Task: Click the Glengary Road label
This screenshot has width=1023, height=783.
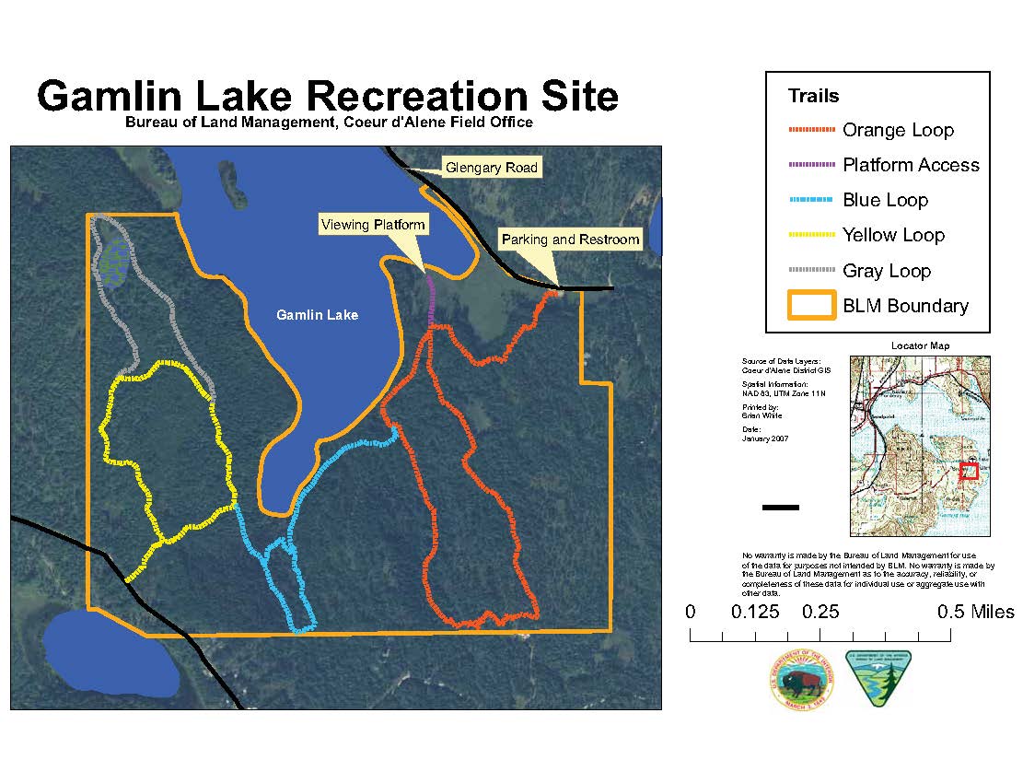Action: (491, 168)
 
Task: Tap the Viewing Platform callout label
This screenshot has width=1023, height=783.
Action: (372, 225)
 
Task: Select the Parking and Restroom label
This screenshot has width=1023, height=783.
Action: (570, 240)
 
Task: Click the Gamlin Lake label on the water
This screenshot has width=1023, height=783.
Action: (317, 315)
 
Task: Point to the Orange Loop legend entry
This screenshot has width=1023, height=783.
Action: (898, 130)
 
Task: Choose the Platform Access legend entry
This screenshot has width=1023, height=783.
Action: (911, 165)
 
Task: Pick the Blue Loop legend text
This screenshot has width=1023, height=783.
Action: (885, 200)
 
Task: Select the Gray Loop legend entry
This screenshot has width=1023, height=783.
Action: (887, 271)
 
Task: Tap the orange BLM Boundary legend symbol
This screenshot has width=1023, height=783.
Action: (810, 306)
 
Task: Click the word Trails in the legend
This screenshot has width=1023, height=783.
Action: (813, 96)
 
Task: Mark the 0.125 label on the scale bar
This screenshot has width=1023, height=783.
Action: (754, 613)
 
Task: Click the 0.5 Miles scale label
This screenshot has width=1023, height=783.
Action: (975, 613)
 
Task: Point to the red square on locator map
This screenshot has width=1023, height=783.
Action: (968, 471)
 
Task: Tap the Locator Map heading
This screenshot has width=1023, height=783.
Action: (920, 345)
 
